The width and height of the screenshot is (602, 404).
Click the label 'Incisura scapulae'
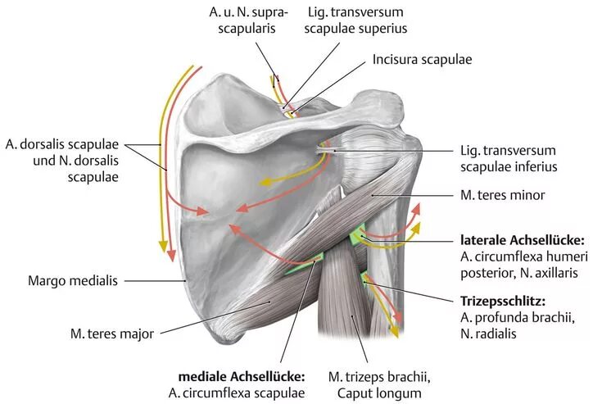[x=422, y=60]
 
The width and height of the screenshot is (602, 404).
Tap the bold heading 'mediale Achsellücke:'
[x=242, y=377]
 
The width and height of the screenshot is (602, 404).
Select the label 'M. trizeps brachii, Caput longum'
[x=378, y=384]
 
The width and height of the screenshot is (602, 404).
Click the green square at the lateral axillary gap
[x=357, y=237]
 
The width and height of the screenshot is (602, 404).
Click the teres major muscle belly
[x=270, y=295]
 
